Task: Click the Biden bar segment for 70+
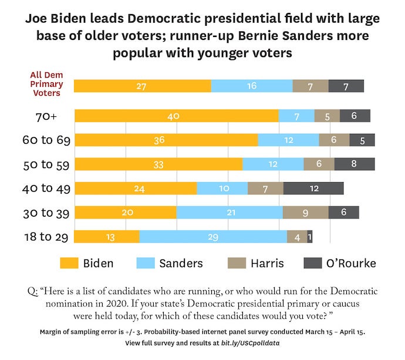point(176,116)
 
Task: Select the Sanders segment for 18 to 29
point(213,237)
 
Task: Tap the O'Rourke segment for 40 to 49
point(313,188)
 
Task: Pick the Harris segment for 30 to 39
point(305,212)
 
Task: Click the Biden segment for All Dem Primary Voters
point(142,85)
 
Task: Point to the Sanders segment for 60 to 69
point(288,140)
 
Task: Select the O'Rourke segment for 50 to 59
point(354,164)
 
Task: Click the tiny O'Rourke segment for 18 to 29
point(310,237)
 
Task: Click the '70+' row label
point(45,116)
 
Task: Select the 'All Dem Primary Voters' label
point(46,84)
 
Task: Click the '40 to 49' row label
point(46,189)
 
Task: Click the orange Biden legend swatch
point(70,263)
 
